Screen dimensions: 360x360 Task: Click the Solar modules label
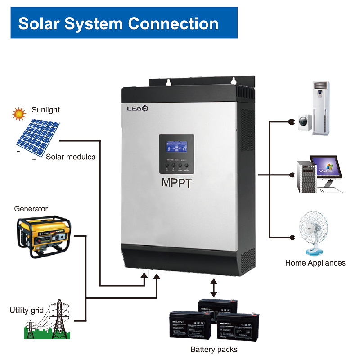point(71,157)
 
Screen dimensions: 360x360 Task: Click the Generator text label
point(31,209)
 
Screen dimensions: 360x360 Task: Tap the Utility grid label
point(27,310)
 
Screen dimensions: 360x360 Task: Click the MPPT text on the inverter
point(176,183)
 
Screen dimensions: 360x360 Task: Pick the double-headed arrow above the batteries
point(214,287)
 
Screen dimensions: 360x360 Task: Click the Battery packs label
point(214,349)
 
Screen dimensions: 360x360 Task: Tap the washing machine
point(304,122)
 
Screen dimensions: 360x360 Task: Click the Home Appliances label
point(315,263)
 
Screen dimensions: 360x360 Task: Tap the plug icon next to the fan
point(292,237)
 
